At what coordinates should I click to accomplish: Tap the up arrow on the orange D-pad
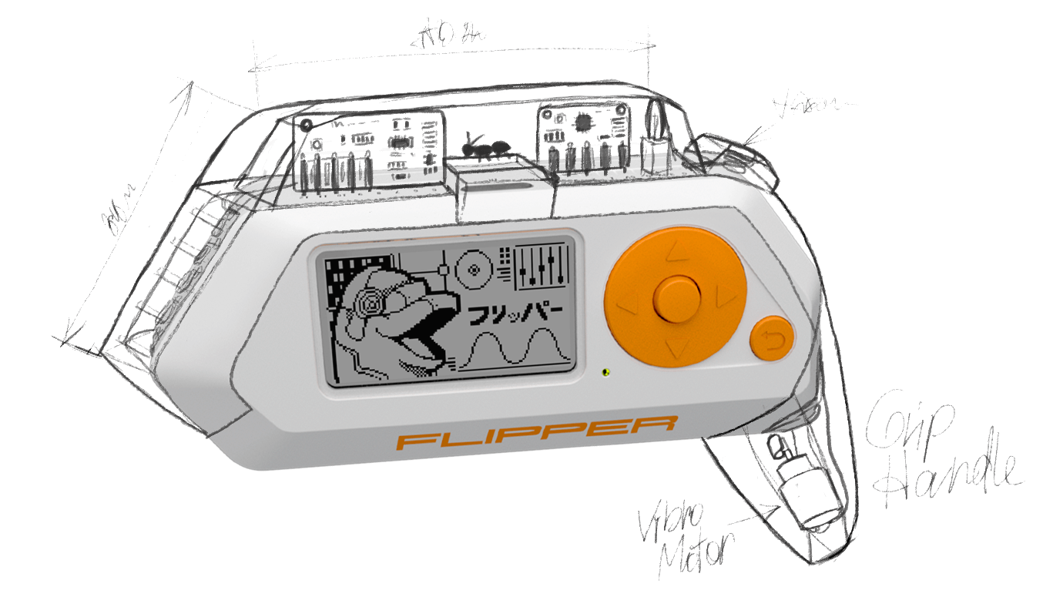pos(676,251)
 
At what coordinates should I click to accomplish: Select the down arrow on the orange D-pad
pos(676,349)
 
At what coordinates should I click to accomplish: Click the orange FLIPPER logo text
pos(537,436)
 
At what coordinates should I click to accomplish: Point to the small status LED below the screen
pos(605,371)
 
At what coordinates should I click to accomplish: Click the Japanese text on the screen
pos(511,312)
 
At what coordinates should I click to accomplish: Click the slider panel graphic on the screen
pos(542,267)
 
